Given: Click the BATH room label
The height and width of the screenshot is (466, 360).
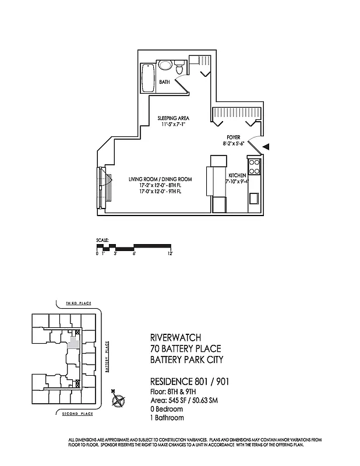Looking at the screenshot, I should point(164,83).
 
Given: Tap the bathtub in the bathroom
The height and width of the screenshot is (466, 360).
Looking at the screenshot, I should point(147,77).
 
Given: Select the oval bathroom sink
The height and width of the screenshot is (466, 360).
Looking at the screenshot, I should point(165,66).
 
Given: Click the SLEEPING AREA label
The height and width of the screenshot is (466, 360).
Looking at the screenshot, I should point(174,118).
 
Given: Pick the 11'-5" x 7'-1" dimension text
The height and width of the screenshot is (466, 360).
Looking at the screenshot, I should point(174,124).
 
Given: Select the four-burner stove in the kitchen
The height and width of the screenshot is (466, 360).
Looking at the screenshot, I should point(254,168).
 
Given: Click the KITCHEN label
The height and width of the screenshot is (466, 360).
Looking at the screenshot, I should point(237,175).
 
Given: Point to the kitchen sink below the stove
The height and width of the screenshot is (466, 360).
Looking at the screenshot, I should point(254,197).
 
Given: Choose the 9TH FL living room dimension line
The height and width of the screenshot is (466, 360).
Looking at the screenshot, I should point(161,191).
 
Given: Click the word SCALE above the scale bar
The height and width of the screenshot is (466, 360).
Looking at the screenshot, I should point(103,240).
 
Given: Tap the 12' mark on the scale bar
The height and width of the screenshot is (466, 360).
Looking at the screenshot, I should point(170,254).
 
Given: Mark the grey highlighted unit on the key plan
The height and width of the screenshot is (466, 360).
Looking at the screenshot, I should point(73,343).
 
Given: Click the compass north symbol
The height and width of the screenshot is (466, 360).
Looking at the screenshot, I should point(119,401).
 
